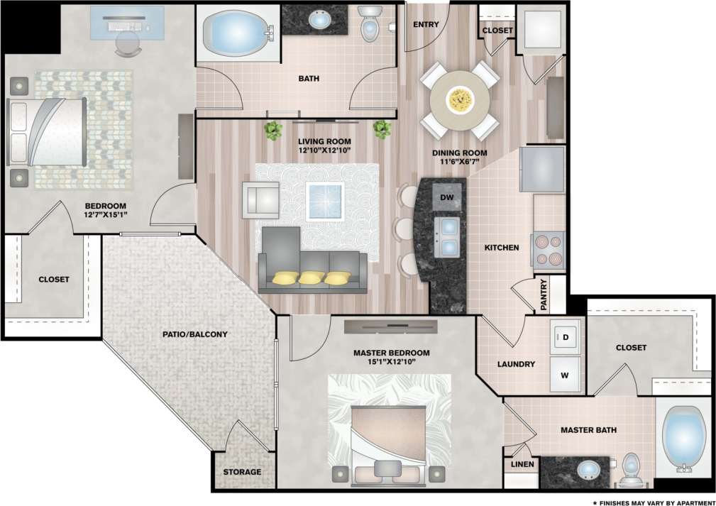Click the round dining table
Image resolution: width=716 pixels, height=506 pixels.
coord(460,99)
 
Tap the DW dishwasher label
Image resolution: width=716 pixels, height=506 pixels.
coord(447,197)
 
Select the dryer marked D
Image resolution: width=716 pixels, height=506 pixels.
coord(566,337)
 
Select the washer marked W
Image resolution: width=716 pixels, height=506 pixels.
coord(566,375)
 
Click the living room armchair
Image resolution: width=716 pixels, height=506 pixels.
coord(260,199)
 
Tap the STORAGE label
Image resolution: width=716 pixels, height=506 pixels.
coord(242,472)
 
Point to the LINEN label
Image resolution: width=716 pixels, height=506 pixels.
coord(517,464)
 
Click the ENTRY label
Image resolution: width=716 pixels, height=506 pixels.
coord(426,25)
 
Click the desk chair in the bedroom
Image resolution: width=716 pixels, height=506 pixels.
coord(128,45)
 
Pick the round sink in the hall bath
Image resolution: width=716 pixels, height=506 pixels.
coord(321,21)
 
